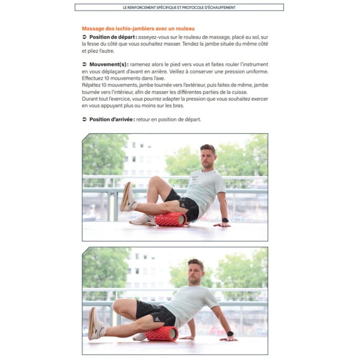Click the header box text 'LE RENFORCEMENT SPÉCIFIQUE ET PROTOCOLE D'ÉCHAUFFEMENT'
(x=179, y=7)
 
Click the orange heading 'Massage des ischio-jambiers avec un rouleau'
(x=138, y=29)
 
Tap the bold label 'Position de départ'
(x=112, y=37)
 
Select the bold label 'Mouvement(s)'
(x=108, y=64)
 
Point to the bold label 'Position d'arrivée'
(x=111, y=119)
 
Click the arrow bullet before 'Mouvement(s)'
(x=85, y=64)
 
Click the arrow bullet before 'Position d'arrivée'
(x=85, y=119)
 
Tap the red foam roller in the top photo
(x=171, y=220)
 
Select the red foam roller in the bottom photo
(x=162, y=333)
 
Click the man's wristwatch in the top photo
(x=225, y=220)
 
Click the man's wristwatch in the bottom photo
(x=230, y=334)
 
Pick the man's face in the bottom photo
(x=194, y=273)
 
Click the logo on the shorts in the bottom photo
(x=157, y=319)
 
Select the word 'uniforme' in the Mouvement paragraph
(x=257, y=72)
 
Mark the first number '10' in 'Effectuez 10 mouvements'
(x=107, y=78)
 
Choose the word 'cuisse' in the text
(x=240, y=92)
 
